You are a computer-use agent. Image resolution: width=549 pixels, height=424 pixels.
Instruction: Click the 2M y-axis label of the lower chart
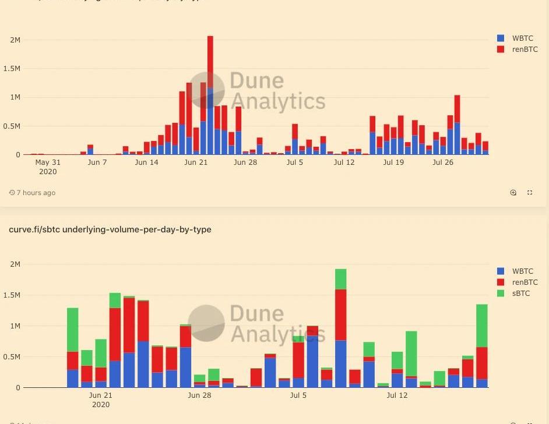pos(15,264)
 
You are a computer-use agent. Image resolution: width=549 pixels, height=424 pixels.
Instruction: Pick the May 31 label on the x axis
pos(48,162)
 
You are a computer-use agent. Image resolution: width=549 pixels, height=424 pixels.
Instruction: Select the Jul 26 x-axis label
pos(443,162)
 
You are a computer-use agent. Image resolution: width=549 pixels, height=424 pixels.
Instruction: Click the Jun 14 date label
pos(146,162)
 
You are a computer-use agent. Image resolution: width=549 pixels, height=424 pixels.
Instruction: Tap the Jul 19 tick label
pos(393,162)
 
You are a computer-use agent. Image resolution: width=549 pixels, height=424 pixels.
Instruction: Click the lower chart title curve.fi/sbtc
pos(110,229)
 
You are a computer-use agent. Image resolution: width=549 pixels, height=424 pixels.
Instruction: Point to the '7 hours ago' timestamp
pos(36,193)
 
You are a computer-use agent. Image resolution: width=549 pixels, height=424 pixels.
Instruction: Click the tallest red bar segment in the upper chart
pos(210,62)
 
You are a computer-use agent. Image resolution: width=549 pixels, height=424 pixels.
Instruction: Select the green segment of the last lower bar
pos(482,326)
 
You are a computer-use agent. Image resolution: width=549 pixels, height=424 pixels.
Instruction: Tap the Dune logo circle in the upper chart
pos(207,90)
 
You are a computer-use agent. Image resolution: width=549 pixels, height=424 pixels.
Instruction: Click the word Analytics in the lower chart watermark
pos(277,334)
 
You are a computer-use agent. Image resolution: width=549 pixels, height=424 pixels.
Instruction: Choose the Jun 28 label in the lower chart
pos(199,395)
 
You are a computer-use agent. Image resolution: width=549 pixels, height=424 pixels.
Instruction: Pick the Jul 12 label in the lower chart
pos(397,395)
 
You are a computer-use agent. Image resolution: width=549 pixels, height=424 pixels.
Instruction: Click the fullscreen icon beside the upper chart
pos(530,193)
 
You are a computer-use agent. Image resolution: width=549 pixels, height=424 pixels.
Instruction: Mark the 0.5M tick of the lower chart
pos(11,357)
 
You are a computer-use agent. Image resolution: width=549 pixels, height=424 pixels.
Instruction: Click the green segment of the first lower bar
pos(73,330)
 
